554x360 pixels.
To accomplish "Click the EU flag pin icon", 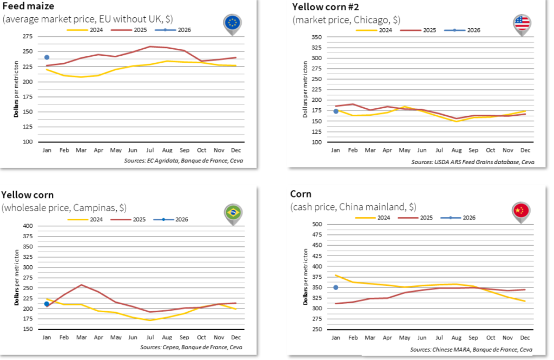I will [233, 23].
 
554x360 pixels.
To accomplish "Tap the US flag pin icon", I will [522, 23].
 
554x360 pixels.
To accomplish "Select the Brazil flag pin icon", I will [233, 213].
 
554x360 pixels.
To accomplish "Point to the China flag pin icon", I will [521, 211].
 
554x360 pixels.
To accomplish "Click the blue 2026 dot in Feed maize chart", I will [47, 57].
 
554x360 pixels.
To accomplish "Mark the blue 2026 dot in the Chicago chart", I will [336, 111].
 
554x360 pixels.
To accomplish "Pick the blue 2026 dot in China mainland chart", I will [336, 287].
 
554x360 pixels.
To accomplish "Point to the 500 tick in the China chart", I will [318, 224].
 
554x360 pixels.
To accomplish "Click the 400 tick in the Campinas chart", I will [29, 226].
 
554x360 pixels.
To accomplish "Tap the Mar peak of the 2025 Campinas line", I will [81, 285].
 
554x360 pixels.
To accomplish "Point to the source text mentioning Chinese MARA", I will [471, 350].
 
